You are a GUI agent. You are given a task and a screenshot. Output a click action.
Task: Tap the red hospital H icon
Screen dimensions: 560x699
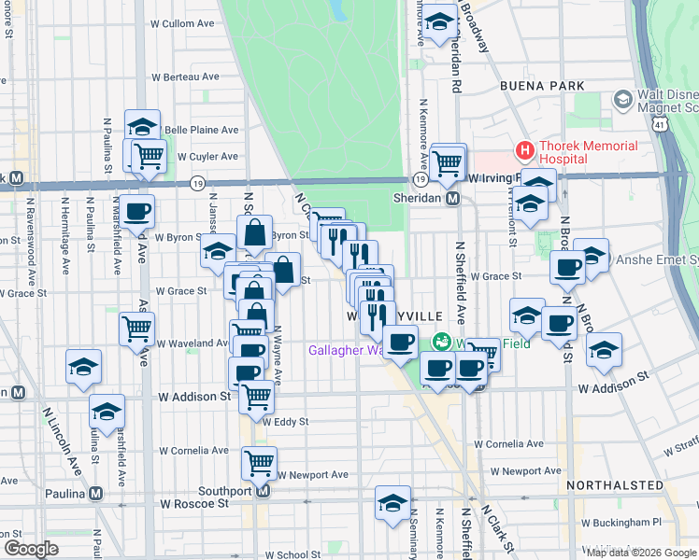[x=524, y=149]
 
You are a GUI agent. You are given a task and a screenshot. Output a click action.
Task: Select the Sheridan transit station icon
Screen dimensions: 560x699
[x=452, y=198]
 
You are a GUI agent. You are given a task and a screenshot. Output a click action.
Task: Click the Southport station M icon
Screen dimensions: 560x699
[x=263, y=490]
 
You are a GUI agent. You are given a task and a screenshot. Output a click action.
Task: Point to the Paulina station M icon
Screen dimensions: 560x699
[x=95, y=494]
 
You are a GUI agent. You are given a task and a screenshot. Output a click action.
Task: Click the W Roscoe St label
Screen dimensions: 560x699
[x=194, y=503]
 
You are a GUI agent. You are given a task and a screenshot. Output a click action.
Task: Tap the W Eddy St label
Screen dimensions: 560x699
[x=284, y=422]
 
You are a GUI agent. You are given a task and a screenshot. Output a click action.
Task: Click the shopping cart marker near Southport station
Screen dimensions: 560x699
[x=259, y=461]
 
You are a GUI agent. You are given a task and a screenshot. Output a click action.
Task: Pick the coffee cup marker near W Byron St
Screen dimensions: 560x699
[x=136, y=211]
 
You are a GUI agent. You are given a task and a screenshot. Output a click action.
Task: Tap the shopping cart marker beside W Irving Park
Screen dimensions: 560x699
[x=449, y=161]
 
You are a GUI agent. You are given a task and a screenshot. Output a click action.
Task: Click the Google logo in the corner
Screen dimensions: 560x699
[x=30, y=549]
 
